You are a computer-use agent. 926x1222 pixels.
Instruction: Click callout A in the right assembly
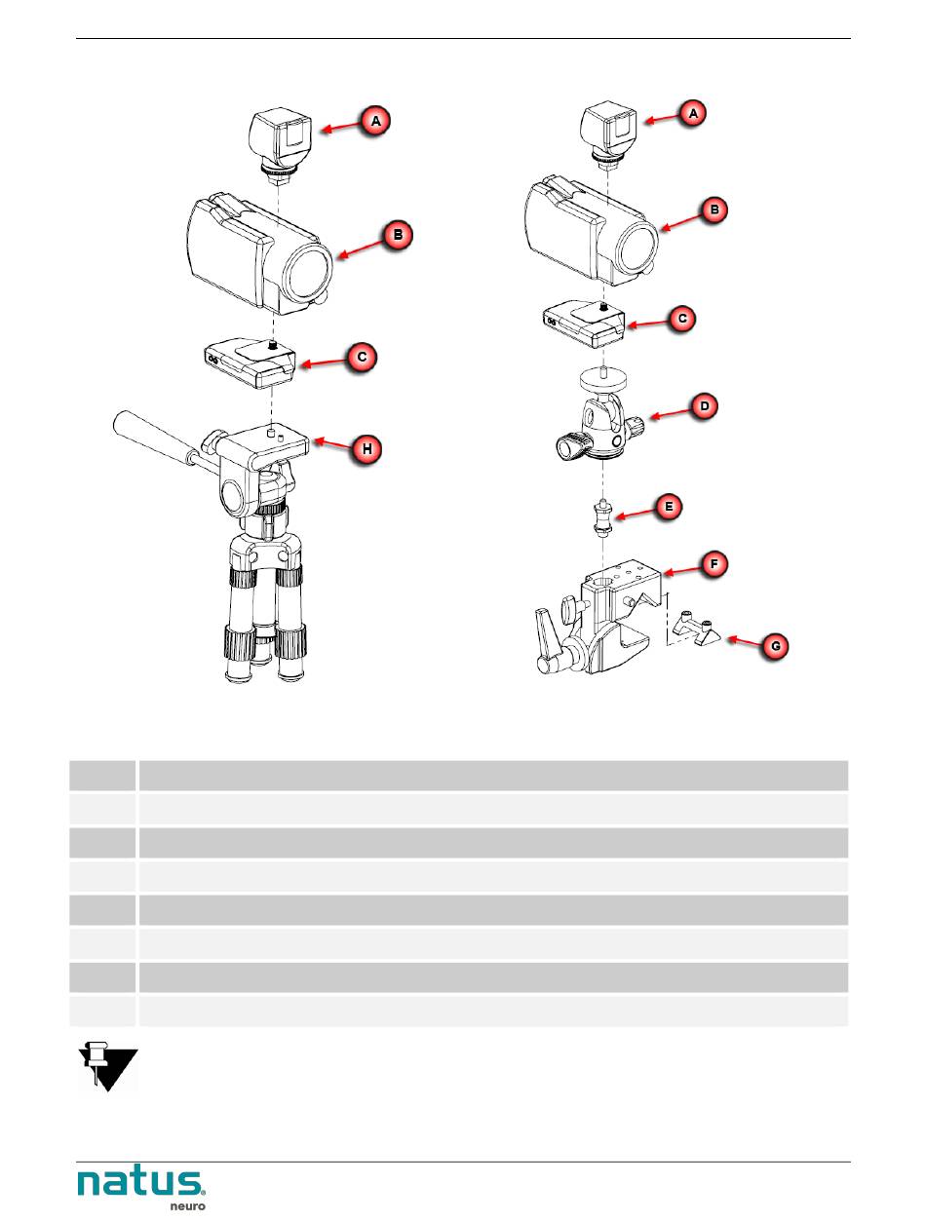(693, 114)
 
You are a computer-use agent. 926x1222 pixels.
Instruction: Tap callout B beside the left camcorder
(398, 235)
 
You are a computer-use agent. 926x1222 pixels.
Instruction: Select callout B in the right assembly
(714, 210)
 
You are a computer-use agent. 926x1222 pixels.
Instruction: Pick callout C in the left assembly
(362, 357)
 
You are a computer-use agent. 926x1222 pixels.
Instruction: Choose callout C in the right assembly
(682, 319)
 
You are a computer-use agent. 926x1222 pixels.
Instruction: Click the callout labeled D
(705, 405)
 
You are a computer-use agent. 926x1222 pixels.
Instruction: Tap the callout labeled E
(669, 507)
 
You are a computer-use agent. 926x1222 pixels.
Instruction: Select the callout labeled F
(714, 564)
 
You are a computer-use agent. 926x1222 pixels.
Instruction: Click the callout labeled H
(367, 448)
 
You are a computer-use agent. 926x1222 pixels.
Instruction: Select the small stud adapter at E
(603, 518)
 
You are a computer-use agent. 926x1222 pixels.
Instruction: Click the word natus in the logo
(140, 1184)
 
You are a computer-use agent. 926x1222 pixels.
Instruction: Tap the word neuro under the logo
(188, 1205)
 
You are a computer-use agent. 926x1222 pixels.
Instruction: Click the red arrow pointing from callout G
(744, 641)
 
